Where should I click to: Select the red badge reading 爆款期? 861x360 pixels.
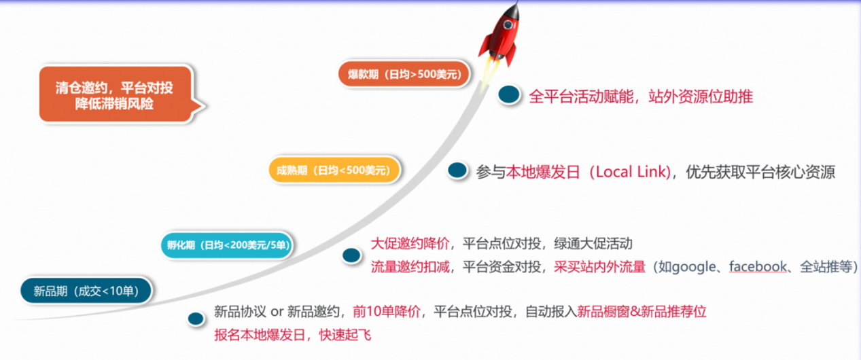point(404,74)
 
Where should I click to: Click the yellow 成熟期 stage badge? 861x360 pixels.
point(333,169)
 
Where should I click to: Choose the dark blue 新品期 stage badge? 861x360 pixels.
point(86,291)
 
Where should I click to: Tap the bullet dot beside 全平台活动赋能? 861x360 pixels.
point(507,96)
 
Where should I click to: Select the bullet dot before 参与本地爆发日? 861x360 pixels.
point(458,171)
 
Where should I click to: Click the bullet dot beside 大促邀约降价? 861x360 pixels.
point(351,255)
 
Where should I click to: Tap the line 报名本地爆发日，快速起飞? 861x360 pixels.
point(292,335)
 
